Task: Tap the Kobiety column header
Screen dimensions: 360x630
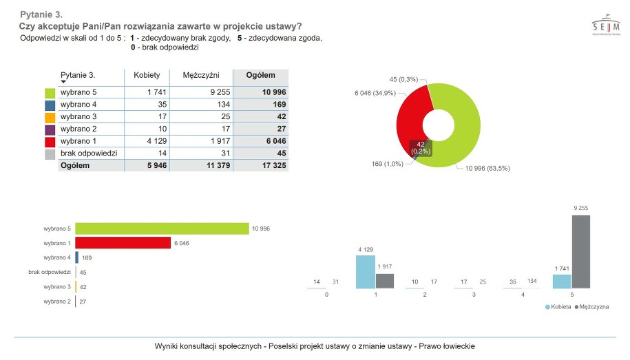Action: click(x=147, y=75)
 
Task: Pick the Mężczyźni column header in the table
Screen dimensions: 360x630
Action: click(x=201, y=75)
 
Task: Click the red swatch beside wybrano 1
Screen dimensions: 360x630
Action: click(x=50, y=142)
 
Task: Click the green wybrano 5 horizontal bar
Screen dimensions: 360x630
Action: click(x=162, y=229)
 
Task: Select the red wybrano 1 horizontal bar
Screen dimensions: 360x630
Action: click(x=123, y=242)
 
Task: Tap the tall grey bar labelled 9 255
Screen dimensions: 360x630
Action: click(x=581, y=251)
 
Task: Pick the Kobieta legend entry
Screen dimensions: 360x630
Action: click(x=558, y=307)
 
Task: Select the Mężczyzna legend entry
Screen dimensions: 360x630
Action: click(x=591, y=307)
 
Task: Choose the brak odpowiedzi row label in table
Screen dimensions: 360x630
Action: click(x=89, y=153)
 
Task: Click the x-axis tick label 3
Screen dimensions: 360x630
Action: click(x=473, y=294)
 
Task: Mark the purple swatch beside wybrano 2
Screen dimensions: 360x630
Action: click(x=50, y=129)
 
